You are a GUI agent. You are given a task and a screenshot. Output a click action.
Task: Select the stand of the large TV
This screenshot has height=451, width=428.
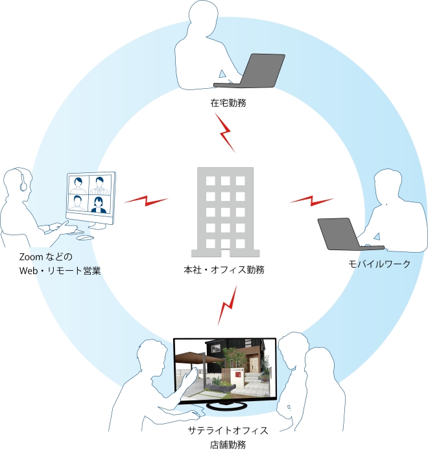click(x=226, y=405)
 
